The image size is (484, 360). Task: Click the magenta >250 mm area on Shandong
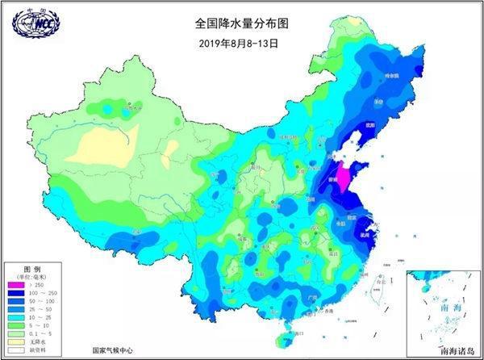click(344, 178)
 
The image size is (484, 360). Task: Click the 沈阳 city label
click(369, 125)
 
